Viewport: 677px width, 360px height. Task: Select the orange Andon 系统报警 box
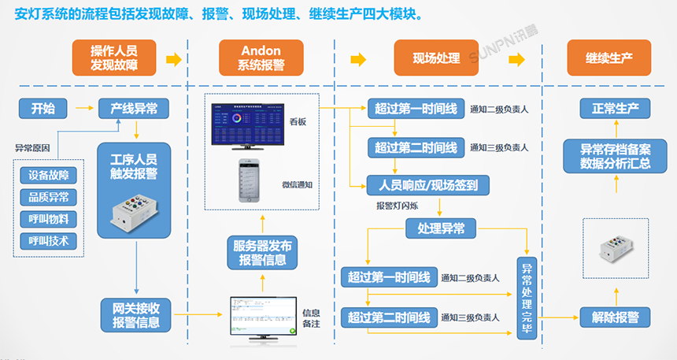(261, 58)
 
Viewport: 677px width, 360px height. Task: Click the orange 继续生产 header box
(609, 58)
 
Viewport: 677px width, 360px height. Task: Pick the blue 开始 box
(43, 108)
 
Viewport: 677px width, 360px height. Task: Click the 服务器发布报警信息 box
(262, 251)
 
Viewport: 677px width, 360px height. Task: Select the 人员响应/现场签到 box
(428, 186)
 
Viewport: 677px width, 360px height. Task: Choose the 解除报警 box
(615, 317)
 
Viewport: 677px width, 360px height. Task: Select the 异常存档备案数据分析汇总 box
(615, 155)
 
